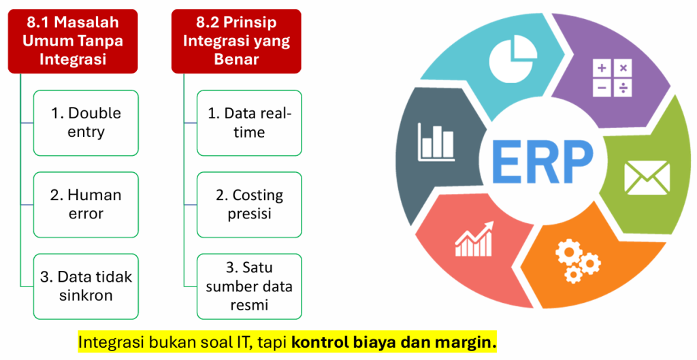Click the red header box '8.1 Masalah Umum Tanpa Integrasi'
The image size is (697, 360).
point(73,41)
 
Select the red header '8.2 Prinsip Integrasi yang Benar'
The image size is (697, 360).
point(236,41)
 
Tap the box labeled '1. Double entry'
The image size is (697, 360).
point(86,123)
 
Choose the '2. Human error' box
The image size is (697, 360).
point(86,205)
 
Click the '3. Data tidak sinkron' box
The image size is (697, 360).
point(86,287)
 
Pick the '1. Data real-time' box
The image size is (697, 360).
point(249,123)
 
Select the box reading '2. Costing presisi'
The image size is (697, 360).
point(249,205)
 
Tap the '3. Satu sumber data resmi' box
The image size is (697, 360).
point(249,287)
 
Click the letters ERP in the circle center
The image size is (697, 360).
point(542,162)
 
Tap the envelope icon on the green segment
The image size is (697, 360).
point(647,178)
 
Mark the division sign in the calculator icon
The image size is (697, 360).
point(623,88)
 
